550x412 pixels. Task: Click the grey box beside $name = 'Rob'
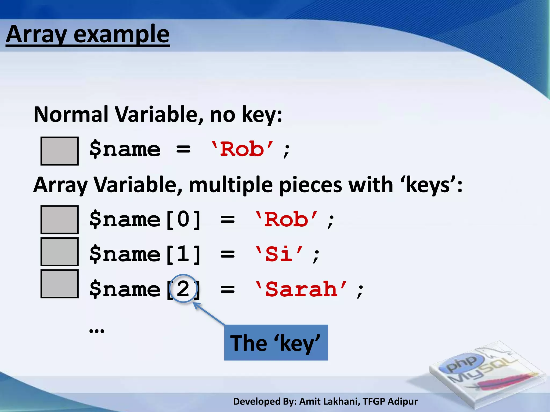[x=59, y=151]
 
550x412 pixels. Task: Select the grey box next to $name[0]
[x=59, y=220]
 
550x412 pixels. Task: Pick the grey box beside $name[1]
[x=59, y=252]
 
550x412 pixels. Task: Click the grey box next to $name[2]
[x=59, y=284]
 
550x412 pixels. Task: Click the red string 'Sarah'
[x=301, y=289]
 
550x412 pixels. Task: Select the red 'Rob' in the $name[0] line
[x=286, y=220]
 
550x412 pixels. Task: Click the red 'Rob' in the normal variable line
[x=242, y=149]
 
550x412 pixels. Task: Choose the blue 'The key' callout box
[x=276, y=343]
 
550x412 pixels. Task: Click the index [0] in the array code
[x=183, y=220]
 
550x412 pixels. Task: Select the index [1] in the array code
[x=183, y=254]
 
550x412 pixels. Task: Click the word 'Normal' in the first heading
[x=71, y=115]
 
